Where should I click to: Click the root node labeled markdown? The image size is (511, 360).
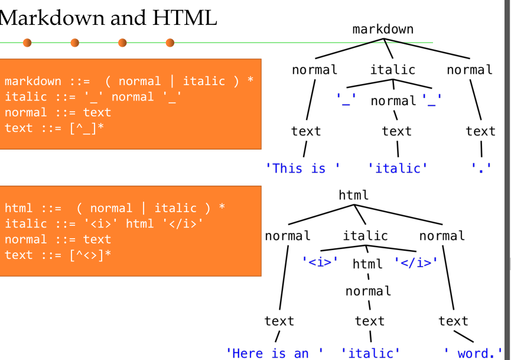click(383, 30)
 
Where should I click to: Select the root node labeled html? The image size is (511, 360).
click(354, 195)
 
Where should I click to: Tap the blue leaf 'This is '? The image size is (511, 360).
click(303, 168)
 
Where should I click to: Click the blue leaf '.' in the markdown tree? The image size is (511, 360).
click(481, 168)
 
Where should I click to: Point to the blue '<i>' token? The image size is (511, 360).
click(320, 261)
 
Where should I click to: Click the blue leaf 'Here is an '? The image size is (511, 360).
click(275, 353)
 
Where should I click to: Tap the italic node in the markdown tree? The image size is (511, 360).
click(393, 70)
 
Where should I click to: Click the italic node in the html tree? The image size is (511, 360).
click(366, 236)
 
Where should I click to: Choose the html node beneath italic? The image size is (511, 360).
click(367, 264)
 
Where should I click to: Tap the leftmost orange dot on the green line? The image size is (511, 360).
click(27, 43)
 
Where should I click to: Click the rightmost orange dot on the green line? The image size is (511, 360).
click(170, 43)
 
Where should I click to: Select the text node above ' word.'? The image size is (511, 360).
click(453, 321)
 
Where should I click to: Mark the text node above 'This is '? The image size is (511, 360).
click(306, 131)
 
